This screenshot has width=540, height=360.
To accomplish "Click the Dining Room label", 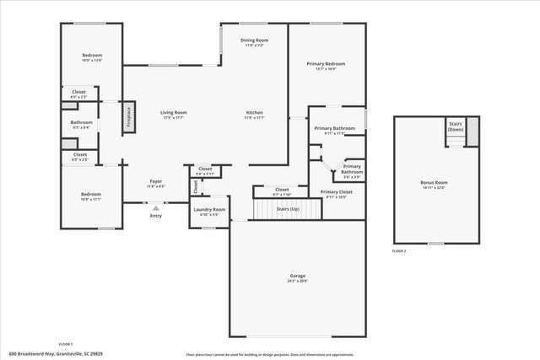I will coord(255,40).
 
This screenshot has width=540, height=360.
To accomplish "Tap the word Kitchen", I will coord(255,112).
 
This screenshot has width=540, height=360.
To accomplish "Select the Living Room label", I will coord(174,112).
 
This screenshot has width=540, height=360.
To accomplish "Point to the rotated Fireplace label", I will coord(128,117).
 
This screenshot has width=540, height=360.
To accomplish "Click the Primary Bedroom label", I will coord(325,64).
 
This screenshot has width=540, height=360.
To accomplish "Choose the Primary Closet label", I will coord(336,192).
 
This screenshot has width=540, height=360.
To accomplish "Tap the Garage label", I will coord(298,276).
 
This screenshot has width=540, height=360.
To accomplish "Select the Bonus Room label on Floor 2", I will coord(434,183).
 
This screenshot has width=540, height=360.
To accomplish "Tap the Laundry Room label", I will coord(209,209).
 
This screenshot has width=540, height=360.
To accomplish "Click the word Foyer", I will coord(156,181).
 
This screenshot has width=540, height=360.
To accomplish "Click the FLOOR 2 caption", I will coord(399,251).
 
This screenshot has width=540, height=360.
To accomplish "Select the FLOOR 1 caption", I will coord(65,344).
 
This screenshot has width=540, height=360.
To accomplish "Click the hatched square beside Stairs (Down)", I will coord(472,130).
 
